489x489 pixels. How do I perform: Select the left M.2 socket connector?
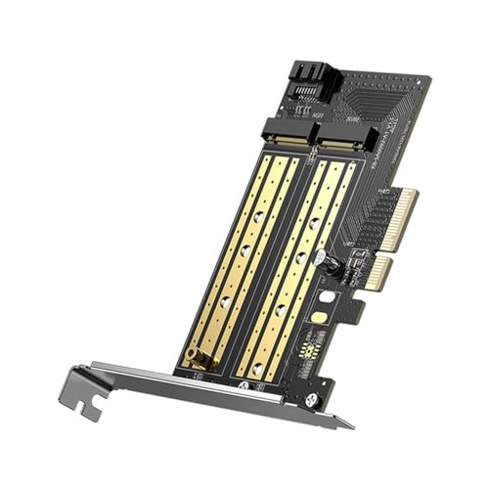click(289, 130)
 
